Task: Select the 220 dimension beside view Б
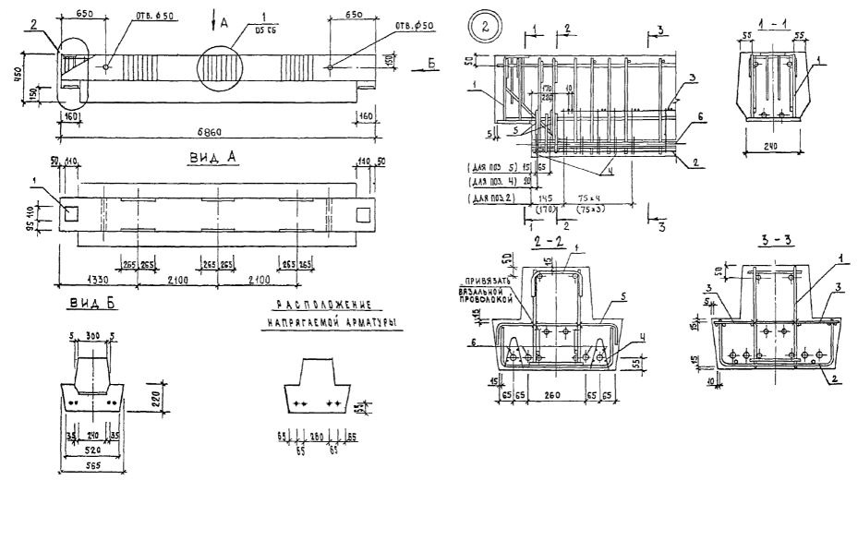click(x=159, y=399)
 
